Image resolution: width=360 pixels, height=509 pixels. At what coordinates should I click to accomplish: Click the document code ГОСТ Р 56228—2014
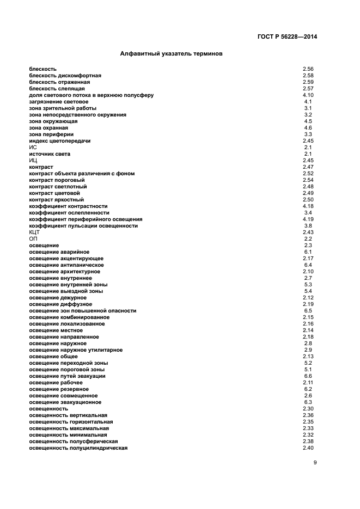(287, 37)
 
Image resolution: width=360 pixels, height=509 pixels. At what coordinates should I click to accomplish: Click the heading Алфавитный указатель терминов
(171, 54)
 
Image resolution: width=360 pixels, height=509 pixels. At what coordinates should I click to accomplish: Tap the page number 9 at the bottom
(315, 463)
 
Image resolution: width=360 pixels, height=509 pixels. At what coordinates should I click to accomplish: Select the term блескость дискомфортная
(65, 76)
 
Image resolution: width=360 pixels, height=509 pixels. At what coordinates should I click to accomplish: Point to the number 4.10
(308, 95)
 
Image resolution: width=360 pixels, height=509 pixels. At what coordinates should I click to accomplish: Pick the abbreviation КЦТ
(35, 232)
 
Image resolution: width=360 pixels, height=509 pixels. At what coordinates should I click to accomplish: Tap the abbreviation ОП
(33, 239)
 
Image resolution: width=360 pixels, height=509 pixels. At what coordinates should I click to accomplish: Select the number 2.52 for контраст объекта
(308, 174)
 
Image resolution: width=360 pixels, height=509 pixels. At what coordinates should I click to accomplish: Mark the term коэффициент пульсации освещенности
(83, 226)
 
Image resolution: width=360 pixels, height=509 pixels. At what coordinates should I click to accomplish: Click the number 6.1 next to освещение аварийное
(308, 252)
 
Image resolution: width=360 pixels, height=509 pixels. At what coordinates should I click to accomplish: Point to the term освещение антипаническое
(66, 265)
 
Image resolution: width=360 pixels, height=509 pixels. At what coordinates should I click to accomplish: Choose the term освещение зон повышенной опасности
(83, 311)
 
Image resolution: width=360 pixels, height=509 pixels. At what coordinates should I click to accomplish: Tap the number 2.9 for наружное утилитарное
(308, 350)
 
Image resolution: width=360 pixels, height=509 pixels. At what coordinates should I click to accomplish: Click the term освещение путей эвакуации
(68, 376)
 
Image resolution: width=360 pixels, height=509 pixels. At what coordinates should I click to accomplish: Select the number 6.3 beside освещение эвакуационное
(308, 402)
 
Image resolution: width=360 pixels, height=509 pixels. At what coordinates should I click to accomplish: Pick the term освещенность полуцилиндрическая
(78, 448)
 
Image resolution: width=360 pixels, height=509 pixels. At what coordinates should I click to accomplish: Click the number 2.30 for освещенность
(308, 409)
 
